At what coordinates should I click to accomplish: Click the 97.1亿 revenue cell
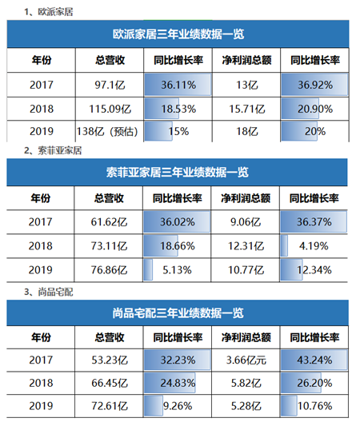(x=110, y=85)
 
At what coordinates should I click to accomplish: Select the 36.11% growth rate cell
(x=178, y=85)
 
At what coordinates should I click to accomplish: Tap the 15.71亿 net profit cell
(x=246, y=109)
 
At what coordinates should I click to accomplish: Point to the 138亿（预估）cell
(x=110, y=131)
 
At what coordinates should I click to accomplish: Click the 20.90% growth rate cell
(x=314, y=109)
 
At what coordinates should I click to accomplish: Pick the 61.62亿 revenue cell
(x=109, y=222)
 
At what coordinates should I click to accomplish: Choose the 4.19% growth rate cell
(x=314, y=246)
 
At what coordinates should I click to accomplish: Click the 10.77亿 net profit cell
(x=246, y=270)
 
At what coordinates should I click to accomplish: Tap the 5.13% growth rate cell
(x=177, y=270)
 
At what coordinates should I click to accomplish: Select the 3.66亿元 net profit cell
(x=246, y=360)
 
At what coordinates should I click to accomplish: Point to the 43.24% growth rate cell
(x=314, y=360)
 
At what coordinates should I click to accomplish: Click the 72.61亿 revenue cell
(x=109, y=406)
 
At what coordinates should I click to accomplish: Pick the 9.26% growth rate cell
(x=178, y=406)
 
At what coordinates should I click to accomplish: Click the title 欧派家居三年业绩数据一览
(x=178, y=34)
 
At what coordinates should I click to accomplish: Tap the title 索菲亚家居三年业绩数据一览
(x=177, y=173)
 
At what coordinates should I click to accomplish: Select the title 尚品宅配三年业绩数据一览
(x=178, y=313)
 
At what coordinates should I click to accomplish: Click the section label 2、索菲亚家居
(x=53, y=151)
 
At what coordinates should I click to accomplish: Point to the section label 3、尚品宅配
(x=49, y=292)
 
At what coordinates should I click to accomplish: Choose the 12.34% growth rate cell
(x=314, y=270)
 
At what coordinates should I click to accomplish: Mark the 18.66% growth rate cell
(x=177, y=246)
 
